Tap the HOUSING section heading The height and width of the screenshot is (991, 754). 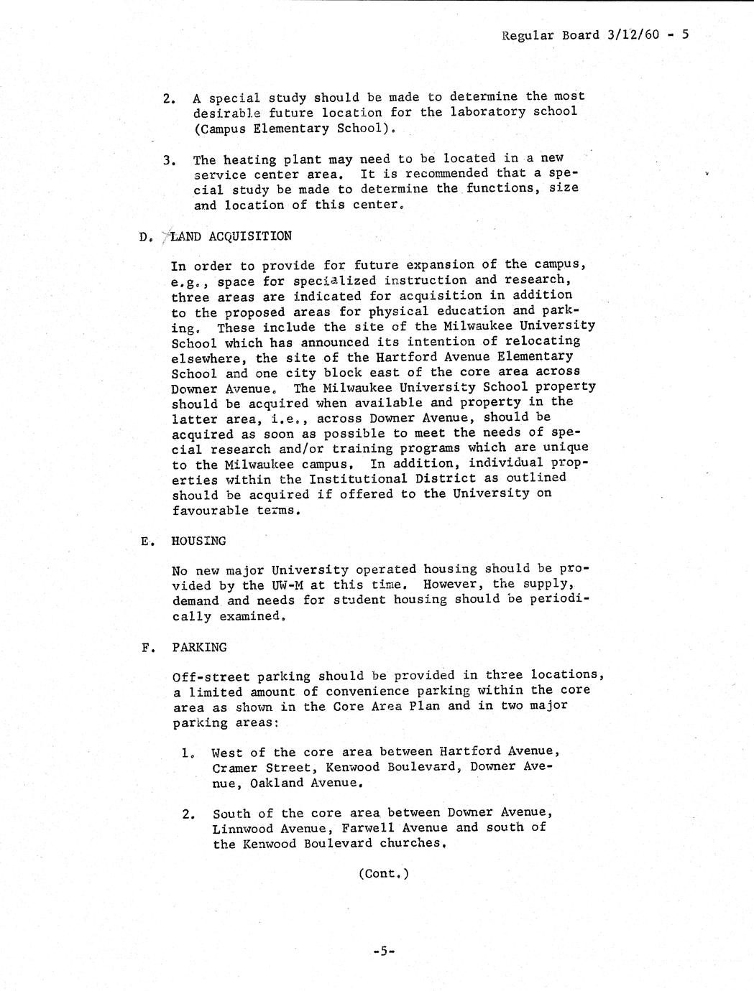[x=198, y=541]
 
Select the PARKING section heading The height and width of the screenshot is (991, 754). [x=199, y=647]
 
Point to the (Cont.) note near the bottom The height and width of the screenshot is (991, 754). [x=383, y=874]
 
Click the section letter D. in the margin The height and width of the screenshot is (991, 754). [x=146, y=237]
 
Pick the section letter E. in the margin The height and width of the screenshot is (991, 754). [x=147, y=541]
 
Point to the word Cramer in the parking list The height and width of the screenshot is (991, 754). [x=234, y=767]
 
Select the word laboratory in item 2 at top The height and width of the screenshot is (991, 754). [x=488, y=111]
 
